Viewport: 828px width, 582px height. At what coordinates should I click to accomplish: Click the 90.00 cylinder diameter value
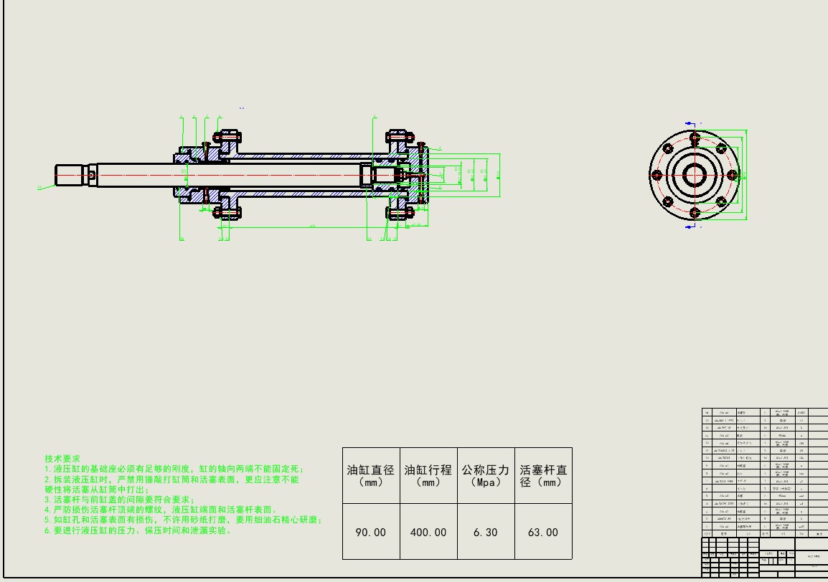pyautogui.click(x=371, y=533)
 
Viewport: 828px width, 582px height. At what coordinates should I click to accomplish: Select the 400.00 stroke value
pyautogui.click(x=428, y=533)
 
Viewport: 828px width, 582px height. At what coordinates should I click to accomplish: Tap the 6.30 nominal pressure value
pyautogui.click(x=486, y=533)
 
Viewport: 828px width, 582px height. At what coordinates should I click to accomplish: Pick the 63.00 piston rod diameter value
pyautogui.click(x=543, y=533)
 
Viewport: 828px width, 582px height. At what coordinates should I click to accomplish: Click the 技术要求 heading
pyautogui.click(x=62, y=458)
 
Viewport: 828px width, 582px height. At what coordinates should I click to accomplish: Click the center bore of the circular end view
pyautogui.click(x=694, y=175)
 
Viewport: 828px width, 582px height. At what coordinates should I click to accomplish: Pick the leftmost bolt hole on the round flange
pyautogui.click(x=655, y=175)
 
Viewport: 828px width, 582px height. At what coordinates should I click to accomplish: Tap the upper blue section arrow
pyautogui.click(x=690, y=123)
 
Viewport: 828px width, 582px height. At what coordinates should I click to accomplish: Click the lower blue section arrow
pyautogui.click(x=690, y=226)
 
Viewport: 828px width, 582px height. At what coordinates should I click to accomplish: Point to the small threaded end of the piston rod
pyautogui.click(x=71, y=174)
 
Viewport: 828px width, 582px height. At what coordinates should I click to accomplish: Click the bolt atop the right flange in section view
pyautogui.click(x=399, y=135)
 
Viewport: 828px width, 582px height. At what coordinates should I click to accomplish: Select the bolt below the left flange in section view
pyautogui.click(x=228, y=213)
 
